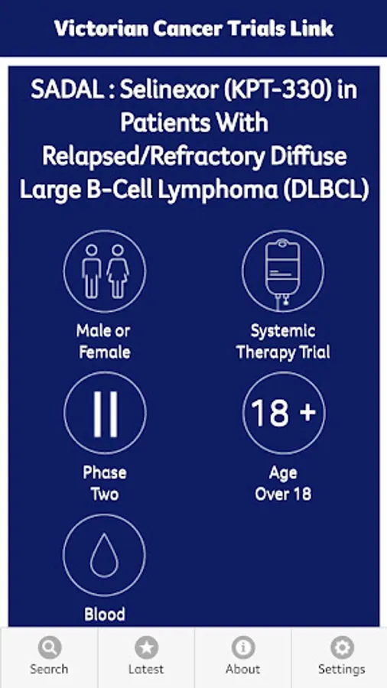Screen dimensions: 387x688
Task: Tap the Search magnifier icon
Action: coord(49,647)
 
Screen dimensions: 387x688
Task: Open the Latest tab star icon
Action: coord(146,647)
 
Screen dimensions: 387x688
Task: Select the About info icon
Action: coord(242,647)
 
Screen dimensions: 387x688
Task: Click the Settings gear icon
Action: coord(341,647)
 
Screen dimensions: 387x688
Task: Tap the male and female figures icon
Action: coord(105,271)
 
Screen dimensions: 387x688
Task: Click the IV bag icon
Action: coord(283,271)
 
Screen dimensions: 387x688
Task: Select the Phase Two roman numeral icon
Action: coord(105,413)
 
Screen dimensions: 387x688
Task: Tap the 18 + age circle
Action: coord(283,413)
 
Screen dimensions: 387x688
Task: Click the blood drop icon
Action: coord(105,555)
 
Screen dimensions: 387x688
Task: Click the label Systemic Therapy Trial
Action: coord(283,342)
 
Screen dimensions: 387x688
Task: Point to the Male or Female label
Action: coord(104,342)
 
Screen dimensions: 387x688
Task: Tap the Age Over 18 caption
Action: coord(283,484)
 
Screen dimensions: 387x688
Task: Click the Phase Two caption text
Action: coord(105,484)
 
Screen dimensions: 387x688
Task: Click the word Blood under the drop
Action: coord(105,615)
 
